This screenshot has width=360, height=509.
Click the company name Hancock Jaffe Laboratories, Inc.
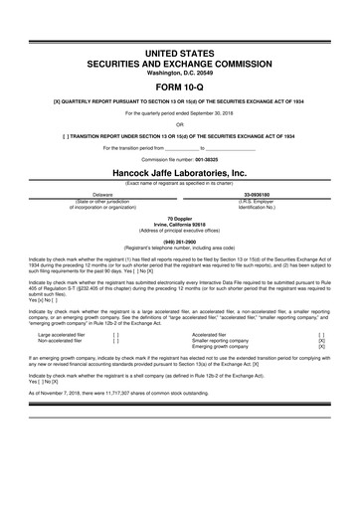tap(180, 171)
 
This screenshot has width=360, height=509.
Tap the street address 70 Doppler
tap(180, 216)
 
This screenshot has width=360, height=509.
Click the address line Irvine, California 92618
tap(180, 223)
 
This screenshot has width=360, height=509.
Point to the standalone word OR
tap(180, 124)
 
